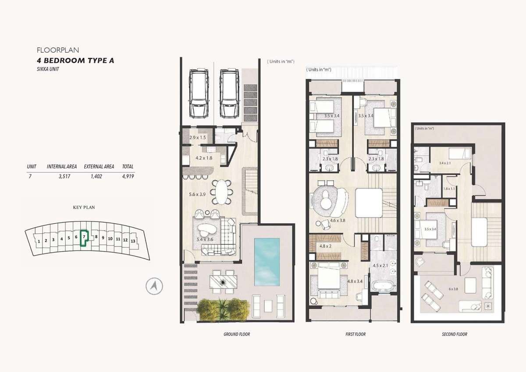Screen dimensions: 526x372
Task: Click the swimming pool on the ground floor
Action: [267, 262]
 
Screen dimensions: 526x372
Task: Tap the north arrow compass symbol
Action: [154, 286]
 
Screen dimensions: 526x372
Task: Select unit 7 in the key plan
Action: [84, 238]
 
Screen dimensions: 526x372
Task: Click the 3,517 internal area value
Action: [64, 176]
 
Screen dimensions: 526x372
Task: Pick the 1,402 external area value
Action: [96, 176]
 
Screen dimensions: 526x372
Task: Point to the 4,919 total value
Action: [128, 176]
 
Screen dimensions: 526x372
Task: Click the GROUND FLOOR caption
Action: [237, 334]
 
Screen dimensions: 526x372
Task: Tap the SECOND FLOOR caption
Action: [455, 334]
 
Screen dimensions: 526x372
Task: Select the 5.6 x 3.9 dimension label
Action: [197, 194]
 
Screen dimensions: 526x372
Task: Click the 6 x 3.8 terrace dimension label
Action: [453, 289]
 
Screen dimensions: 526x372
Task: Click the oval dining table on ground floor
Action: [221, 192]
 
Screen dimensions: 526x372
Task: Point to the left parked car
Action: [199, 93]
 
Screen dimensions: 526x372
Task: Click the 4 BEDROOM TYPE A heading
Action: [75, 61]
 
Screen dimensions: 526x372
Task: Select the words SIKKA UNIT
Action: [48, 69]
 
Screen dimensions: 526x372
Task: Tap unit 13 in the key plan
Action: [133, 241]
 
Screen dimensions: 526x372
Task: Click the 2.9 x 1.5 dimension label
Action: [198, 137]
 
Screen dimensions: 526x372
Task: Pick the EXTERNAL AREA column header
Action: [99, 167]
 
